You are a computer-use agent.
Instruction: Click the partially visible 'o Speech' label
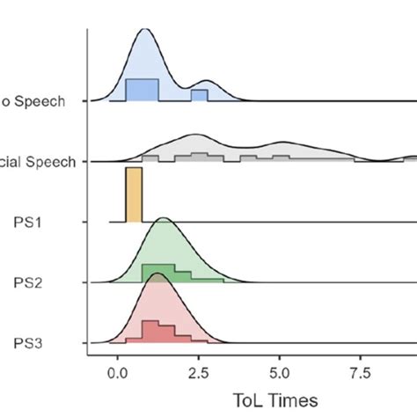(x=36, y=101)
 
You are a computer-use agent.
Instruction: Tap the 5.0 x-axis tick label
(x=279, y=372)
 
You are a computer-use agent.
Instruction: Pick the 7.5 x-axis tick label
(x=360, y=372)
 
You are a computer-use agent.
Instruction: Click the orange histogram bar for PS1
(x=134, y=194)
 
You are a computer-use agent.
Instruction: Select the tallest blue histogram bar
(x=142, y=90)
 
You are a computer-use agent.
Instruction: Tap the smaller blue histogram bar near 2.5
(x=199, y=96)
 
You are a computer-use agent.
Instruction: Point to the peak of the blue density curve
(x=144, y=30)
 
